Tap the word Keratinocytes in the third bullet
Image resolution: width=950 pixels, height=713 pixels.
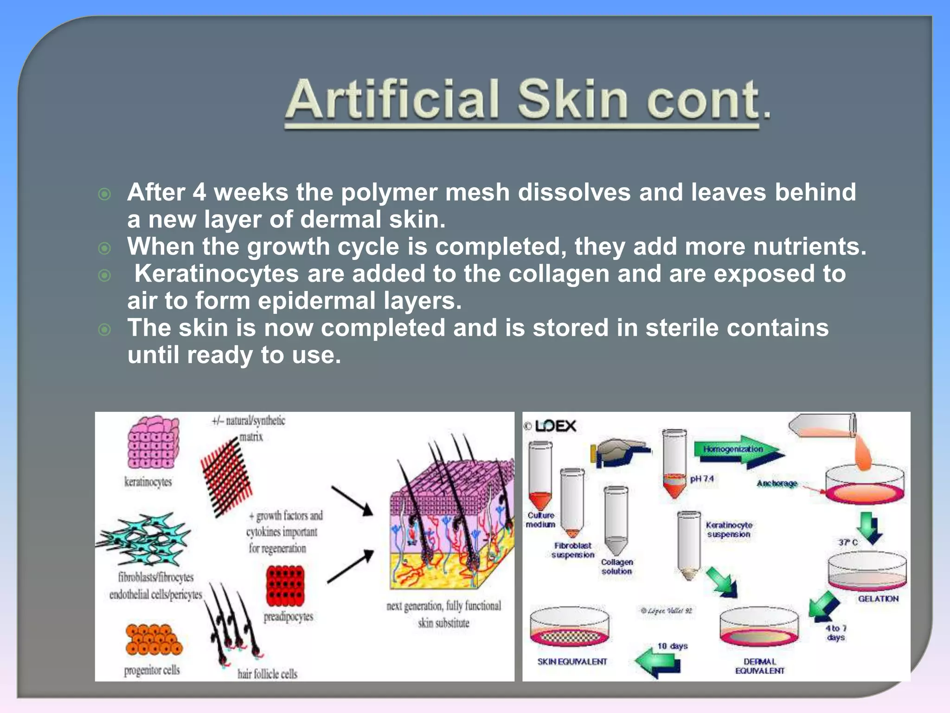pos(216,273)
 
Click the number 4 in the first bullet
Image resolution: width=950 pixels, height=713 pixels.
pos(199,192)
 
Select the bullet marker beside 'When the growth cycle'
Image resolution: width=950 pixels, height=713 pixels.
pos(105,248)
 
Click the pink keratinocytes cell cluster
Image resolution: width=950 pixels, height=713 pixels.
pos(153,442)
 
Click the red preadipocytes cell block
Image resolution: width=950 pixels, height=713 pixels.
pos(285,585)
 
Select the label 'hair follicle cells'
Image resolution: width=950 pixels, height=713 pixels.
pos(267,674)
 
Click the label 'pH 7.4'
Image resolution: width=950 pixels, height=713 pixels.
pos(702,479)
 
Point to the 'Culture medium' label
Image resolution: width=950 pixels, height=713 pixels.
pos(540,520)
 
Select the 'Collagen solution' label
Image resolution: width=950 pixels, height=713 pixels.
pos(617,566)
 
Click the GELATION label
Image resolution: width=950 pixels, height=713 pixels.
pos(878,599)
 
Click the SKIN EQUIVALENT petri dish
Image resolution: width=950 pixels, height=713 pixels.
pos(569,627)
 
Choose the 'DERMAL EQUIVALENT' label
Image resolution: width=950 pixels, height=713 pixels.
pos(759,666)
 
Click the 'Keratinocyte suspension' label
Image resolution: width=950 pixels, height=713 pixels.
pos(729,530)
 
